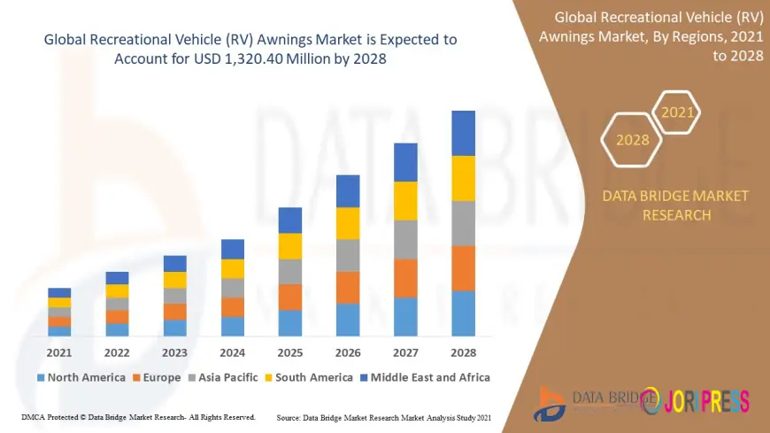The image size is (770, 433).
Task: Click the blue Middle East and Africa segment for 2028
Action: pyautogui.click(x=463, y=133)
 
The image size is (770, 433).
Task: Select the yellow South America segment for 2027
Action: pyautogui.click(x=405, y=200)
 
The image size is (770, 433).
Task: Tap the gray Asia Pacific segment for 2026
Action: pyautogui.click(x=348, y=255)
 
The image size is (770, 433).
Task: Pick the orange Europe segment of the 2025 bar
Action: pyautogui.click(x=290, y=297)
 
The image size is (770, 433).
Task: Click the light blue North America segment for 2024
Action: pyautogui.click(x=233, y=326)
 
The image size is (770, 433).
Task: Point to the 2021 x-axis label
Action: pyautogui.click(x=59, y=352)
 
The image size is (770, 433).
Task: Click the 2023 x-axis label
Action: pyautogui.click(x=174, y=352)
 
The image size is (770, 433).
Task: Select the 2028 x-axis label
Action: pyautogui.click(x=463, y=352)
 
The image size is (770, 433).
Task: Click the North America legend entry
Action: pyautogui.click(x=81, y=377)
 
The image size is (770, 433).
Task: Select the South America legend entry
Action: pyautogui.click(x=307, y=377)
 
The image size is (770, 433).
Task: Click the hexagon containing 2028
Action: pyautogui.click(x=632, y=140)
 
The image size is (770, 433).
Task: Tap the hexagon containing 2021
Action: pyautogui.click(x=677, y=112)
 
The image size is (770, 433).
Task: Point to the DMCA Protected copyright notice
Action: pyautogui.click(x=138, y=417)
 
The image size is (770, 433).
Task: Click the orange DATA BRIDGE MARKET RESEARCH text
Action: pyautogui.click(x=674, y=205)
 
